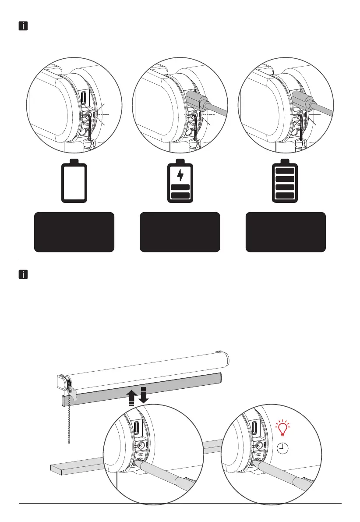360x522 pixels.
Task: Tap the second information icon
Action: click(23, 275)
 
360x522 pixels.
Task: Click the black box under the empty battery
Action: click(74, 232)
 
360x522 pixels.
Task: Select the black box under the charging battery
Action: click(180, 232)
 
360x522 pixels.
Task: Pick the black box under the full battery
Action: click(286, 232)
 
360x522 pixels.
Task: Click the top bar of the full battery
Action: click(286, 170)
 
